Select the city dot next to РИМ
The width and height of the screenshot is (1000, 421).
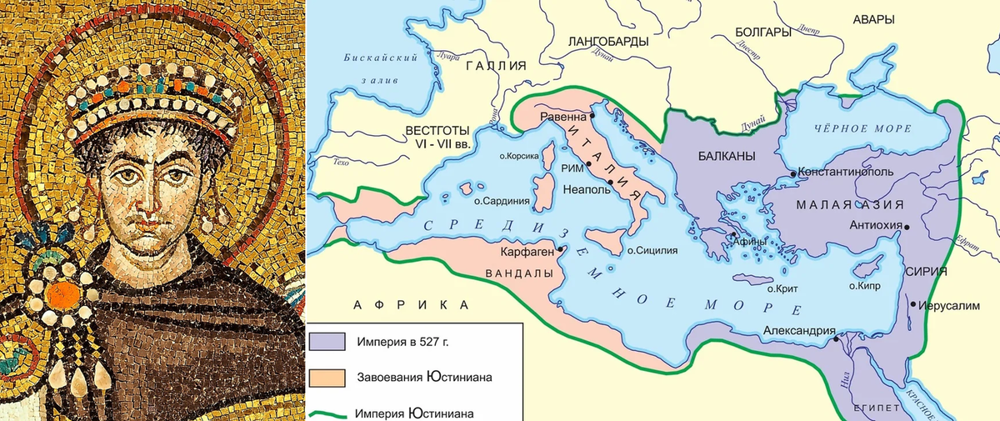(x=588, y=164)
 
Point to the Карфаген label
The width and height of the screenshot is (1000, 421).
(x=526, y=250)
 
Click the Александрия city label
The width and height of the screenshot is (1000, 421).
(x=798, y=330)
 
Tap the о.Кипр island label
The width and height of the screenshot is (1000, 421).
(x=863, y=285)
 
